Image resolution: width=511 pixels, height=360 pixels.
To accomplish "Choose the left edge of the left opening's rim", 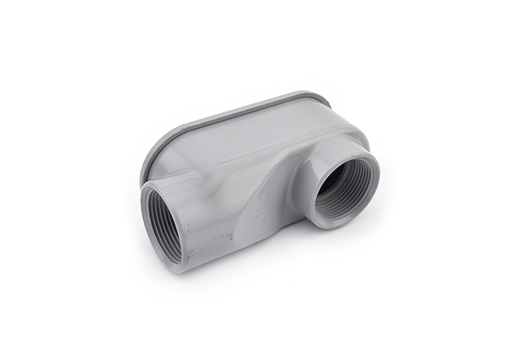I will (x=143, y=217).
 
